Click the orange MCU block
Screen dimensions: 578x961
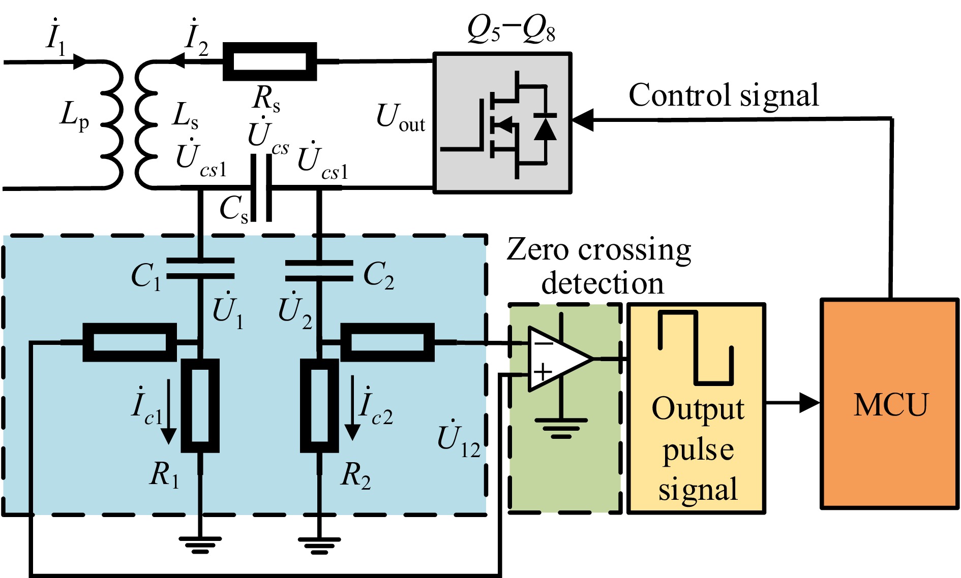[890, 404]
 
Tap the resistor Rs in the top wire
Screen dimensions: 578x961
[270, 61]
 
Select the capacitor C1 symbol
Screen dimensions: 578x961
[200, 269]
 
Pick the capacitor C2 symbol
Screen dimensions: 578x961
[319, 271]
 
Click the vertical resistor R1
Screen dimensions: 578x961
[200, 405]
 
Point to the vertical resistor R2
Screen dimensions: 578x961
[319, 405]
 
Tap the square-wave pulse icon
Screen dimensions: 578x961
[696, 347]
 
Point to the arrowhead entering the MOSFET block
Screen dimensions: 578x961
[583, 120]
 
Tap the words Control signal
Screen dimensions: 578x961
[724, 95]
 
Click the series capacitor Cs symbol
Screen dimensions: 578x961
[261, 188]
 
